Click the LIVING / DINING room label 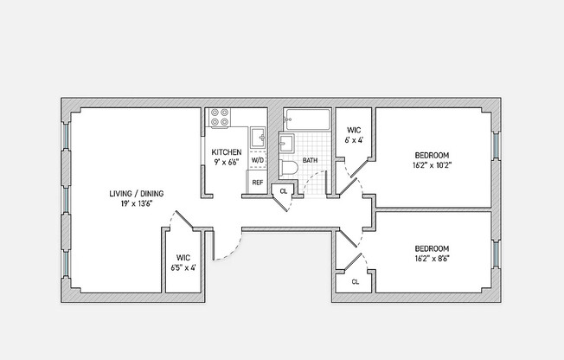coord(137,194)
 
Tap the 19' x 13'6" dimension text coord(137,203)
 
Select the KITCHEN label coord(227,152)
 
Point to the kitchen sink coord(258,137)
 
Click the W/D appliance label coord(258,160)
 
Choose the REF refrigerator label coord(258,183)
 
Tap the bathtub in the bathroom coord(307,119)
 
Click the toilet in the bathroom coord(288,170)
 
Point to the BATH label coord(310,160)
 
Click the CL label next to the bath coord(284,191)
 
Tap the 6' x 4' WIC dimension coord(354,140)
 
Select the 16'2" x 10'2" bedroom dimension coord(432,165)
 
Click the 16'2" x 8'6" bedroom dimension coord(432,259)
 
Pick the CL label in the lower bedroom coord(356,282)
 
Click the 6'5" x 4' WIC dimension coord(183,268)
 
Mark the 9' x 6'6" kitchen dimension coord(227,163)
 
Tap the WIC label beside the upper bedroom coord(354,131)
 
